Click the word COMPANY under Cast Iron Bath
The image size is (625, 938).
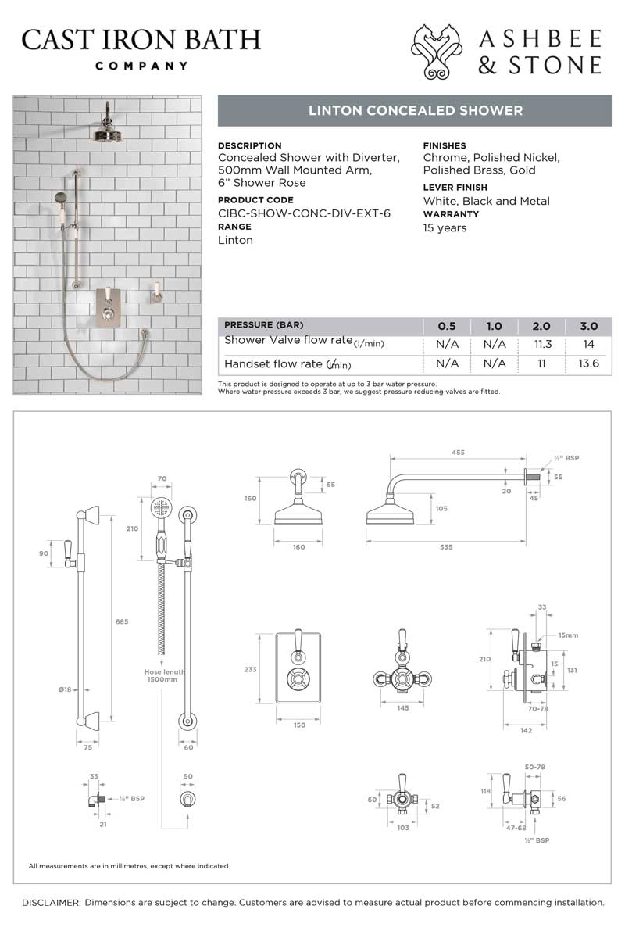pyautogui.click(x=141, y=66)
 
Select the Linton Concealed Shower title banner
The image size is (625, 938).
pyautogui.click(x=415, y=111)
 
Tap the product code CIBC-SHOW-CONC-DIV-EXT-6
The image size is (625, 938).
pyautogui.click(x=304, y=213)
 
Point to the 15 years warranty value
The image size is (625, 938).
pyautogui.click(x=445, y=228)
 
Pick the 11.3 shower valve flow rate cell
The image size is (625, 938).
pyautogui.click(x=541, y=344)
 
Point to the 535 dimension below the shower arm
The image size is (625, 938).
pyautogui.click(x=446, y=547)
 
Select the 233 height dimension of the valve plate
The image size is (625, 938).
pyautogui.click(x=250, y=670)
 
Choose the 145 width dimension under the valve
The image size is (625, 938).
pyautogui.click(x=403, y=708)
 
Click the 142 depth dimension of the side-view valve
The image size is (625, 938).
pyautogui.click(x=525, y=730)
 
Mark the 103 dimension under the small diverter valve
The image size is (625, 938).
pyautogui.click(x=403, y=827)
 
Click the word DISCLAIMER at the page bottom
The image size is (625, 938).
pyautogui.click(x=51, y=903)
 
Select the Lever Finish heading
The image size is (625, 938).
pyautogui.click(x=455, y=188)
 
